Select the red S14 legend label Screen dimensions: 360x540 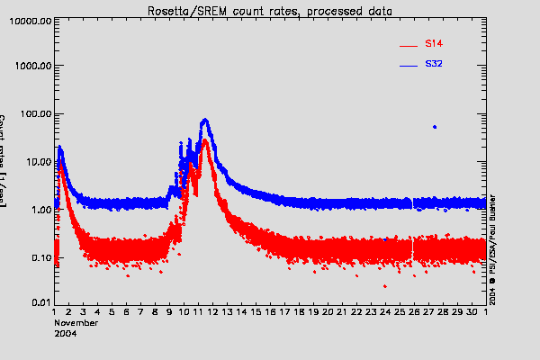pos(433,43)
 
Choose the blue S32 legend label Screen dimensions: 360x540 pos(433,65)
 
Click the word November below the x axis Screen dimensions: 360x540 pos(76,322)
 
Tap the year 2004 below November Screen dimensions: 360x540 pos(65,333)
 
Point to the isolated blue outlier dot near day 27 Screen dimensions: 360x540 pos(435,127)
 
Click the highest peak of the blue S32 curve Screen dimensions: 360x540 pos(205,119)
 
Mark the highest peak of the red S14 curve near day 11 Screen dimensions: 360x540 pos(205,139)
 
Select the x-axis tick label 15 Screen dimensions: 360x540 pos(256,312)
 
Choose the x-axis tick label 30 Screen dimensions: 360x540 pos(472,312)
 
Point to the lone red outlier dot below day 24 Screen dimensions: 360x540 pos(385,286)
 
